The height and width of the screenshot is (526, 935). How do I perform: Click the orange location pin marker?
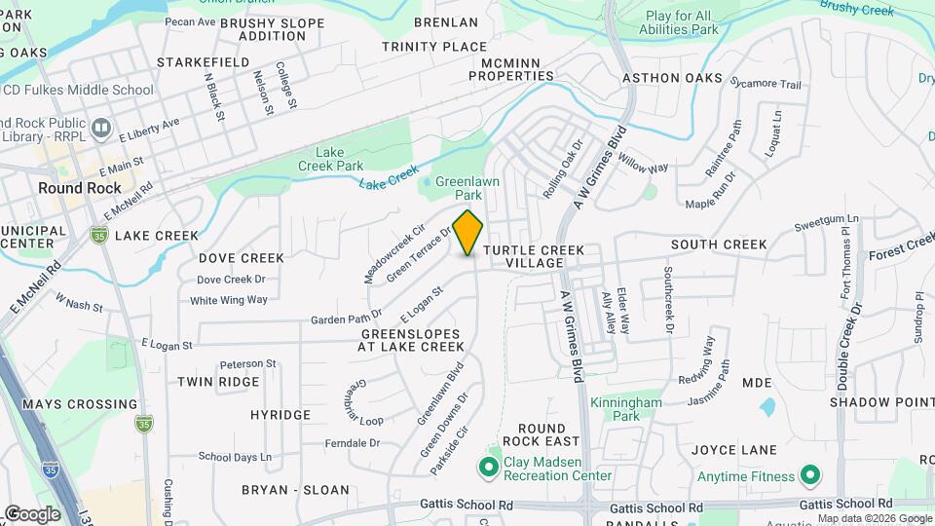click(x=468, y=232)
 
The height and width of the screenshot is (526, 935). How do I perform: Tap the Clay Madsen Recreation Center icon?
click(x=488, y=469)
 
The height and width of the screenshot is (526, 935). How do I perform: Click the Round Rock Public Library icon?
click(x=100, y=129)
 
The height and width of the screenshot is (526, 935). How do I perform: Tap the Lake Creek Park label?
click(x=339, y=159)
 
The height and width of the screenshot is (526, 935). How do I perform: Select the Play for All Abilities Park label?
click(x=692, y=22)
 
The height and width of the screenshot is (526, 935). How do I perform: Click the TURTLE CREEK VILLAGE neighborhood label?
click(x=535, y=257)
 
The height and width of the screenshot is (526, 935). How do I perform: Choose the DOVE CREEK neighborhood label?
click(x=242, y=258)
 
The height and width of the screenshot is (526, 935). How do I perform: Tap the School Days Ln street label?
click(x=235, y=456)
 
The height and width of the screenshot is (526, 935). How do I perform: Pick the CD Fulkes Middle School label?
click(x=78, y=91)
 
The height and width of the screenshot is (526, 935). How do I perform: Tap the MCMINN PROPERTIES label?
click(x=510, y=69)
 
